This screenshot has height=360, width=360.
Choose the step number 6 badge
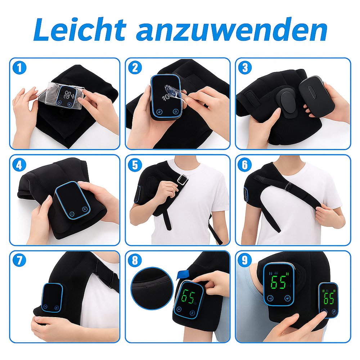(x=245, y=165)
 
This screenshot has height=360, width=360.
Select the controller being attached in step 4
(x=72, y=200)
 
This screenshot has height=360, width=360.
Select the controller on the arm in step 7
(x=53, y=298)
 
